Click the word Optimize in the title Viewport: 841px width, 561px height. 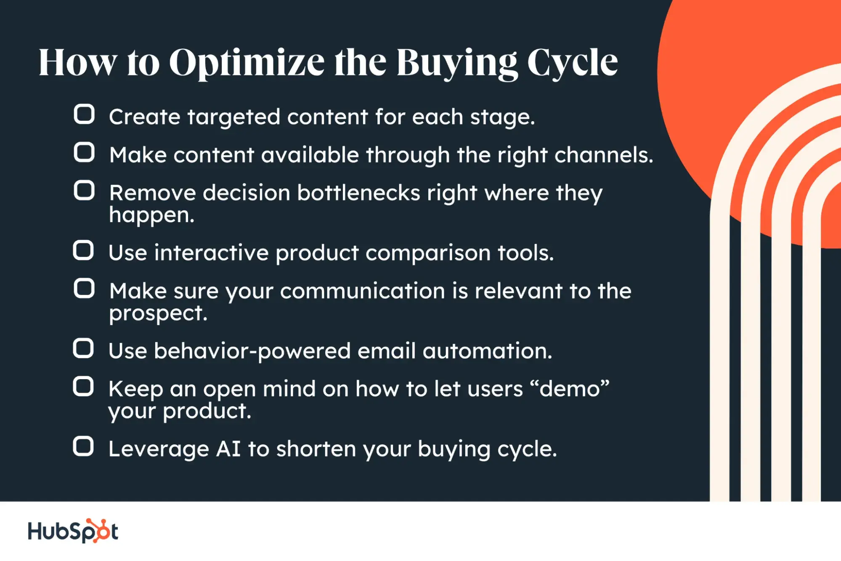coord(247,63)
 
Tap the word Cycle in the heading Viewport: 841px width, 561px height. coord(572,63)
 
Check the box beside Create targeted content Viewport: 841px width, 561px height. coord(84,114)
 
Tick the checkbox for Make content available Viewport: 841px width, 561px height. coord(84,152)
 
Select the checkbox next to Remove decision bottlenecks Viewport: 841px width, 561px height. coord(84,190)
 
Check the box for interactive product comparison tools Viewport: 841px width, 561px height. coord(83,250)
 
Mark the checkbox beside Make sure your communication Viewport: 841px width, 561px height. coord(84,289)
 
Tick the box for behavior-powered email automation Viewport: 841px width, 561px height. coord(83,348)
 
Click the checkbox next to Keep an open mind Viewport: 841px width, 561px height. coord(83,387)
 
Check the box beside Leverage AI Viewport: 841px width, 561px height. coord(83,447)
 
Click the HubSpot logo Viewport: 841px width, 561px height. coord(73,531)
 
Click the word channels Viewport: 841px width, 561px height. coord(604,155)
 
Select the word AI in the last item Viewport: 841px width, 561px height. coord(228,449)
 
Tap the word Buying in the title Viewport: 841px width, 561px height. coord(456,63)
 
